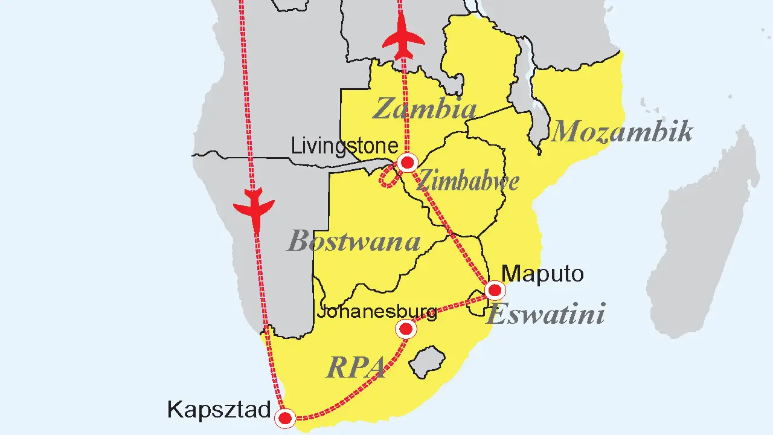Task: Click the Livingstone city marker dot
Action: point(408,163)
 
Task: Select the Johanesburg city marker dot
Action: point(406,329)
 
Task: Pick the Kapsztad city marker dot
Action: point(285,417)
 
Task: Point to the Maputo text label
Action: point(543,274)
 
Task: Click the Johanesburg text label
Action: point(377,312)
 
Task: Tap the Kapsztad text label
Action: point(219,410)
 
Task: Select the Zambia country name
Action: point(425,109)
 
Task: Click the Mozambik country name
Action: point(621,131)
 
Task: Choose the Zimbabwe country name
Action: point(468,180)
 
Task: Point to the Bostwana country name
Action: point(353,242)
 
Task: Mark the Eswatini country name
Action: point(545,315)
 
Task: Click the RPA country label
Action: point(356,367)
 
